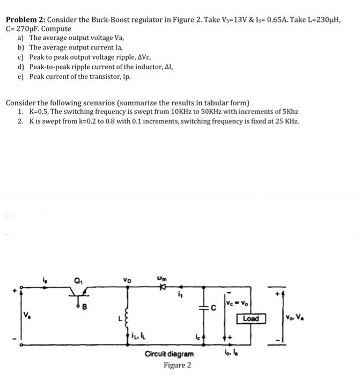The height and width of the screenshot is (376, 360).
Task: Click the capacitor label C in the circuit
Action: tap(213, 308)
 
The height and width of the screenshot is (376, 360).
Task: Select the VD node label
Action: tap(128, 279)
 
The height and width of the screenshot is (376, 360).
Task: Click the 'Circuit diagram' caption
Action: tap(169, 354)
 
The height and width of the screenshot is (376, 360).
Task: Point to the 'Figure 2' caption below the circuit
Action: tap(178, 365)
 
